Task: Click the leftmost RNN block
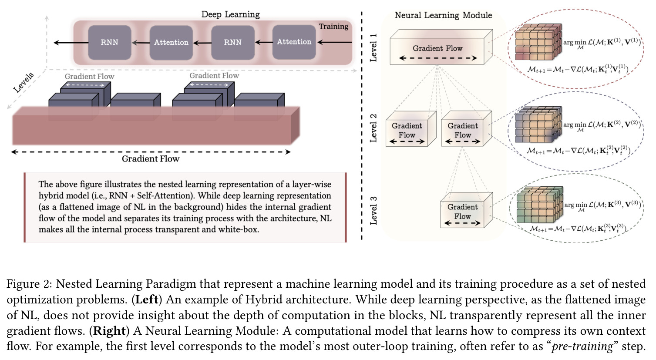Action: tap(110, 43)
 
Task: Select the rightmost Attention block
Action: tap(294, 42)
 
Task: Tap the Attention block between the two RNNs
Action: tap(171, 43)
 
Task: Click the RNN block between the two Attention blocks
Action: tap(233, 43)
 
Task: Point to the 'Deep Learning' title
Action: tap(230, 14)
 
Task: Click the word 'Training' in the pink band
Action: tap(333, 27)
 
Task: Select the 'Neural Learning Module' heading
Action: tap(444, 15)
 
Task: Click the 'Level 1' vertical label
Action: tap(373, 47)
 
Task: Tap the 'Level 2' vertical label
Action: tap(373, 128)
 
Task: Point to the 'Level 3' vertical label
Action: tap(373, 210)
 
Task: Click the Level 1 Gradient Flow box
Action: tap(441, 47)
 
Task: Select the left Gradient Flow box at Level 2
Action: tap(410, 128)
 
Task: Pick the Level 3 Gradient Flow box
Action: tap(466, 210)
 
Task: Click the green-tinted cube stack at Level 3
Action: tap(539, 204)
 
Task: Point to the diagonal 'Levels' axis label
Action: tap(24, 83)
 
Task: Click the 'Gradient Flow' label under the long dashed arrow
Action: tap(151, 159)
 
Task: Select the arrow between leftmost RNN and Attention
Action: tap(141, 43)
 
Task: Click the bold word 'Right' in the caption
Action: tap(110, 331)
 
